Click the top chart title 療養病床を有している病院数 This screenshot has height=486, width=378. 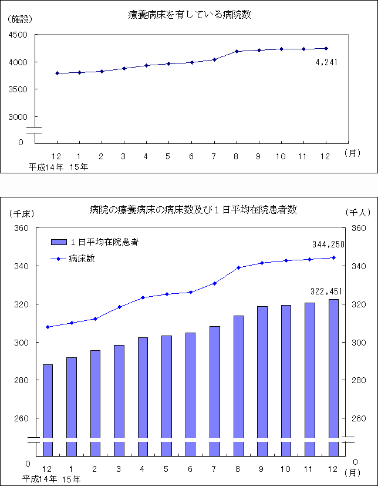tap(189, 15)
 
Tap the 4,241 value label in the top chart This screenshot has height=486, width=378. tap(327, 62)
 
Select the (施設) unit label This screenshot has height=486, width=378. tap(20, 19)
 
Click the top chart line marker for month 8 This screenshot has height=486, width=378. tap(237, 51)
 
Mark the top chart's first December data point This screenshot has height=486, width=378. tap(57, 73)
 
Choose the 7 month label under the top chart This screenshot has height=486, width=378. tap(214, 156)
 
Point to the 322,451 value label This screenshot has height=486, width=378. tap(326, 291)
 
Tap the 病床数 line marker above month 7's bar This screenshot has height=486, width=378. tap(214, 283)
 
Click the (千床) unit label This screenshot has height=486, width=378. tap(19, 212)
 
